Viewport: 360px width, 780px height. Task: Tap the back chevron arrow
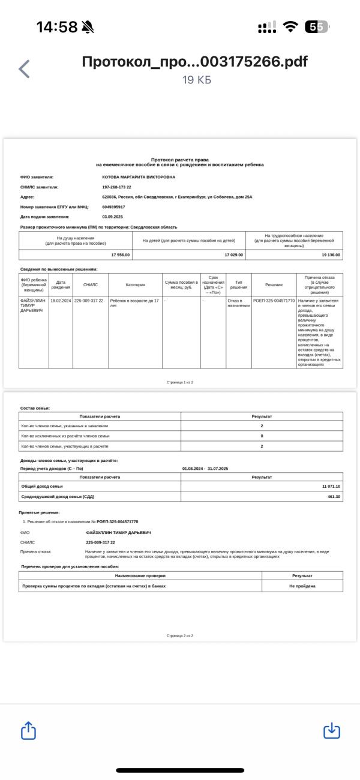point(24,69)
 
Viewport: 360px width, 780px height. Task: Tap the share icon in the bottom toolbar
point(29,731)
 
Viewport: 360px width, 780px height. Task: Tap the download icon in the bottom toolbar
point(332,731)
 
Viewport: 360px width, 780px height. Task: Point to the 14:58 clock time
point(57,27)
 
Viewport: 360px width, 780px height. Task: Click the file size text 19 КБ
point(197,80)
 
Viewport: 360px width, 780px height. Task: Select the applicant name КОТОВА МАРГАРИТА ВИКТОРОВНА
point(139,177)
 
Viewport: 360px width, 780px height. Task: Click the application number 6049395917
point(114,206)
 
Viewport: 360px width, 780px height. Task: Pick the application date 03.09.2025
point(113,216)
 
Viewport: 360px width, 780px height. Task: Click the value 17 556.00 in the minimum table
point(120,255)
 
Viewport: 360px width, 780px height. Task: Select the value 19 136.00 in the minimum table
point(331,255)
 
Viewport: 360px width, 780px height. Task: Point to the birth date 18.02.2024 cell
point(61,300)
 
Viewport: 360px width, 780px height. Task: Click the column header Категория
point(135,284)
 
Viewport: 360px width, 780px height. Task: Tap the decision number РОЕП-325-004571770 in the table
point(274,300)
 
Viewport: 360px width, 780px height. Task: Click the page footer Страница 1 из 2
point(180,382)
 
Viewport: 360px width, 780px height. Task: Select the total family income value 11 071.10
point(331,486)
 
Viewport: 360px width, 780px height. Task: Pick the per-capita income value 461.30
point(334,496)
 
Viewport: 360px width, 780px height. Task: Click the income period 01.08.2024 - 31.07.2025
point(205,468)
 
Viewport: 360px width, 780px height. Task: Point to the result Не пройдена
point(302,586)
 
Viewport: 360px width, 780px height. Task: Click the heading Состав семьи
point(35,408)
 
